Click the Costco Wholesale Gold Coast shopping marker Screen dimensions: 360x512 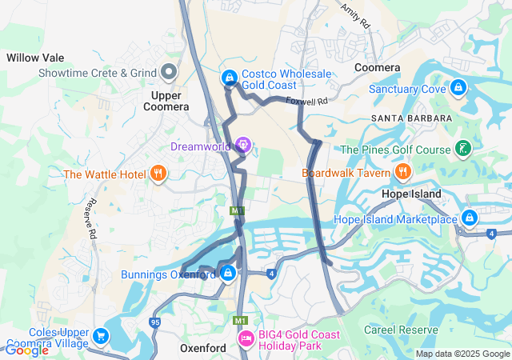pyautogui.click(x=229, y=78)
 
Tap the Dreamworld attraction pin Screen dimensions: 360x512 pyautogui.click(x=243, y=146)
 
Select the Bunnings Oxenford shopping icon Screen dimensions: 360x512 pyautogui.click(x=229, y=274)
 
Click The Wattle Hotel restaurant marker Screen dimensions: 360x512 pyautogui.click(x=158, y=173)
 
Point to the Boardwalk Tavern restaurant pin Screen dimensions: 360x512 pyautogui.click(x=402, y=172)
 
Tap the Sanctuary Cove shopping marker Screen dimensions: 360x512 pyautogui.click(x=458, y=87)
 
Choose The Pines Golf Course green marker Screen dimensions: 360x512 pyautogui.click(x=462, y=148)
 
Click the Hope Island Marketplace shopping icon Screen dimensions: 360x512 pyautogui.click(x=469, y=218)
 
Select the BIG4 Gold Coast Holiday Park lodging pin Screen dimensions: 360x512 pyautogui.click(x=246, y=341)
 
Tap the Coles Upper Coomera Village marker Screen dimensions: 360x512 pyautogui.click(x=101, y=337)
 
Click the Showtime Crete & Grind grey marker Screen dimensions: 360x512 pyautogui.click(x=169, y=73)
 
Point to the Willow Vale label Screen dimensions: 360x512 pyautogui.click(x=35, y=58)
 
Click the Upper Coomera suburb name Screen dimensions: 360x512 pyautogui.click(x=166, y=101)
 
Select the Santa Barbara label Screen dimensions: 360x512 pyautogui.click(x=411, y=118)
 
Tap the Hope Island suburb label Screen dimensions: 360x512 pyautogui.click(x=411, y=194)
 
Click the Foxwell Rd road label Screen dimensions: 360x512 pyautogui.click(x=307, y=102)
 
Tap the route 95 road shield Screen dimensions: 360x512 pyautogui.click(x=154, y=323)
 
